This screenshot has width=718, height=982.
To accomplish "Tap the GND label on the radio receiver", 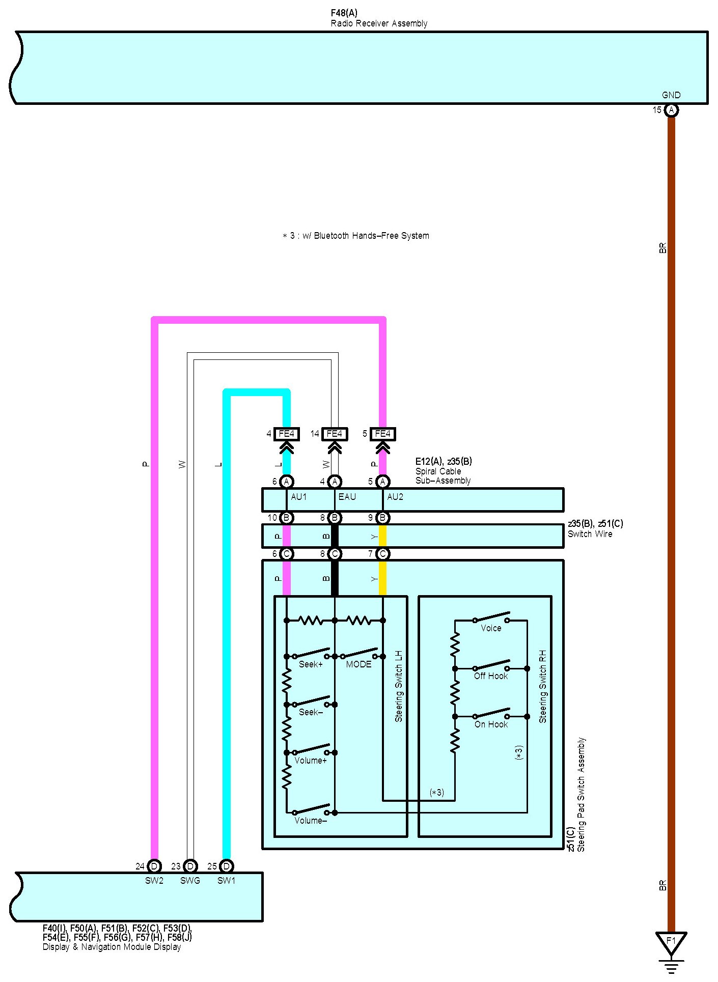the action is click(x=671, y=95).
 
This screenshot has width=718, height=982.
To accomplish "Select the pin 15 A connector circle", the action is click(x=671, y=110).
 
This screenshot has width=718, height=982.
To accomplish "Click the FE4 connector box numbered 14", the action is click(x=334, y=434).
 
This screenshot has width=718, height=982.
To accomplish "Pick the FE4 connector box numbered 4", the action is click(x=286, y=434).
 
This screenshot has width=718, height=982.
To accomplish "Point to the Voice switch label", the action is click(x=491, y=628).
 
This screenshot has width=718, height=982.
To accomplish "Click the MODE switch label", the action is click(x=358, y=664).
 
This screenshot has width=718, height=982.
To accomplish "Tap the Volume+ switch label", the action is click(x=310, y=761).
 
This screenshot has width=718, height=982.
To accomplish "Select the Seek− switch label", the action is click(x=311, y=712).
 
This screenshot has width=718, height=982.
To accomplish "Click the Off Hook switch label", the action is click(x=491, y=676).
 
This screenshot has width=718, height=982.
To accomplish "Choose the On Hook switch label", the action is click(x=491, y=724).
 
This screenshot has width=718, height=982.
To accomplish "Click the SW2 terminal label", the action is click(x=154, y=881).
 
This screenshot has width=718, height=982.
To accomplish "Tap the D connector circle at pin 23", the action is click(x=190, y=866).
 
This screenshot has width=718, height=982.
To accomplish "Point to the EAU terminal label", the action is click(x=347, y=497).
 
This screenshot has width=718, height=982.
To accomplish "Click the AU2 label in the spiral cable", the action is click(x=395, y=497).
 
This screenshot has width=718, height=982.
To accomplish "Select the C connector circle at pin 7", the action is click(x=382, y=554).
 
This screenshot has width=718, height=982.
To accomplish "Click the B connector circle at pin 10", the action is click(x=286, y=518).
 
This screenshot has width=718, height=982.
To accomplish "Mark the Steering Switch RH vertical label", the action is click(x=543, y=686).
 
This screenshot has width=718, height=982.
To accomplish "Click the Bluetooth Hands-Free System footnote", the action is click(x=356, y=236).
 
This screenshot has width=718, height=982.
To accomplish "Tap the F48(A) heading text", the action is click(x=344, y=13).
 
